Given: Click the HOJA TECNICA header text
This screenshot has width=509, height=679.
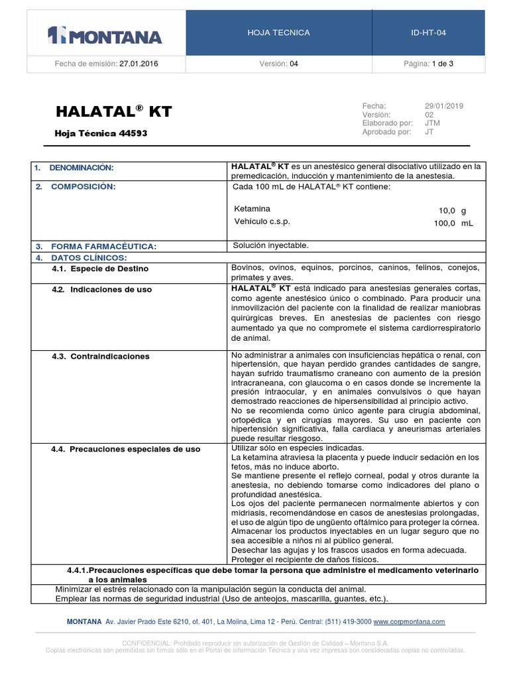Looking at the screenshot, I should pyautogui.click(x=278, y=32).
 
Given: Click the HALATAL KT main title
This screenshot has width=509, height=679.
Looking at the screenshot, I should pyautogui.click(x=113, y=111).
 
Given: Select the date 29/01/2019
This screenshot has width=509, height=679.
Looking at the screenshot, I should pyautogui.click(x=444, y=106).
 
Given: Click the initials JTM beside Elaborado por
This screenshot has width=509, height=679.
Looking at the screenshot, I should pyautogui.click(x=431, y=123).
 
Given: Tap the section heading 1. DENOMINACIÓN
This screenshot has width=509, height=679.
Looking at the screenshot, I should pyautogui.click(x=74, y=168).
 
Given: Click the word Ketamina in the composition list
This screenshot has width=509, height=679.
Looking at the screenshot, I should pyautogui.click(x=248, y=208).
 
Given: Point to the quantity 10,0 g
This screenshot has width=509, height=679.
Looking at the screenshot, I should pyautogui.click(x=453, y=209).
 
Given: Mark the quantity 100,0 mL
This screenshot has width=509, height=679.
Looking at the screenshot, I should pyautogui.click(x=453, y=223).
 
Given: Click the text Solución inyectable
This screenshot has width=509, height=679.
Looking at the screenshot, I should pyautogui.click(x=270, y=245).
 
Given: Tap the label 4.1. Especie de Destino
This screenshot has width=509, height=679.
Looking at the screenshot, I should pyautogui.click(x=100, y=269).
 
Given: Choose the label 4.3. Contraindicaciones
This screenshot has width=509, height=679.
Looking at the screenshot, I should pyautogui.click(x=100, y=356).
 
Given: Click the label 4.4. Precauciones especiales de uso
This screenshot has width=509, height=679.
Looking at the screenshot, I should pyautogui.click(x=125, y=449).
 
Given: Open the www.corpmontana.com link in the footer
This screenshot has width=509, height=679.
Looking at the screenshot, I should pyautogui.click(x=409, y=622).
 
